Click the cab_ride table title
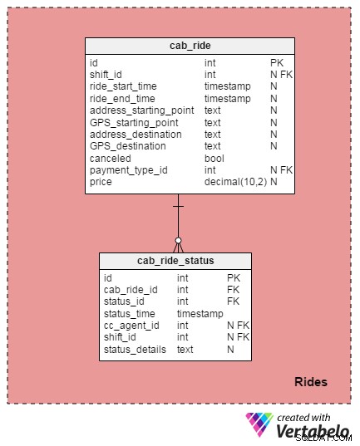190,46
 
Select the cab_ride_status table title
175,261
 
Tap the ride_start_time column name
123,86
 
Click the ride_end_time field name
122,98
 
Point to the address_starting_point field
142,110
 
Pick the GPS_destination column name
128,146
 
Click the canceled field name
111,159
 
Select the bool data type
215,159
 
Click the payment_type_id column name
129,170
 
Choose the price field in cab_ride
101,182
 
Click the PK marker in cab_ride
277,63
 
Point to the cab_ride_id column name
131,290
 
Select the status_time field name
130,313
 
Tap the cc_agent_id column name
131,326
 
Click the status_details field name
135,350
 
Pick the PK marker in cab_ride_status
234,278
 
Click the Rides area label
311,382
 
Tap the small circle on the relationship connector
178,241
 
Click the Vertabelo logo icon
259,424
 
